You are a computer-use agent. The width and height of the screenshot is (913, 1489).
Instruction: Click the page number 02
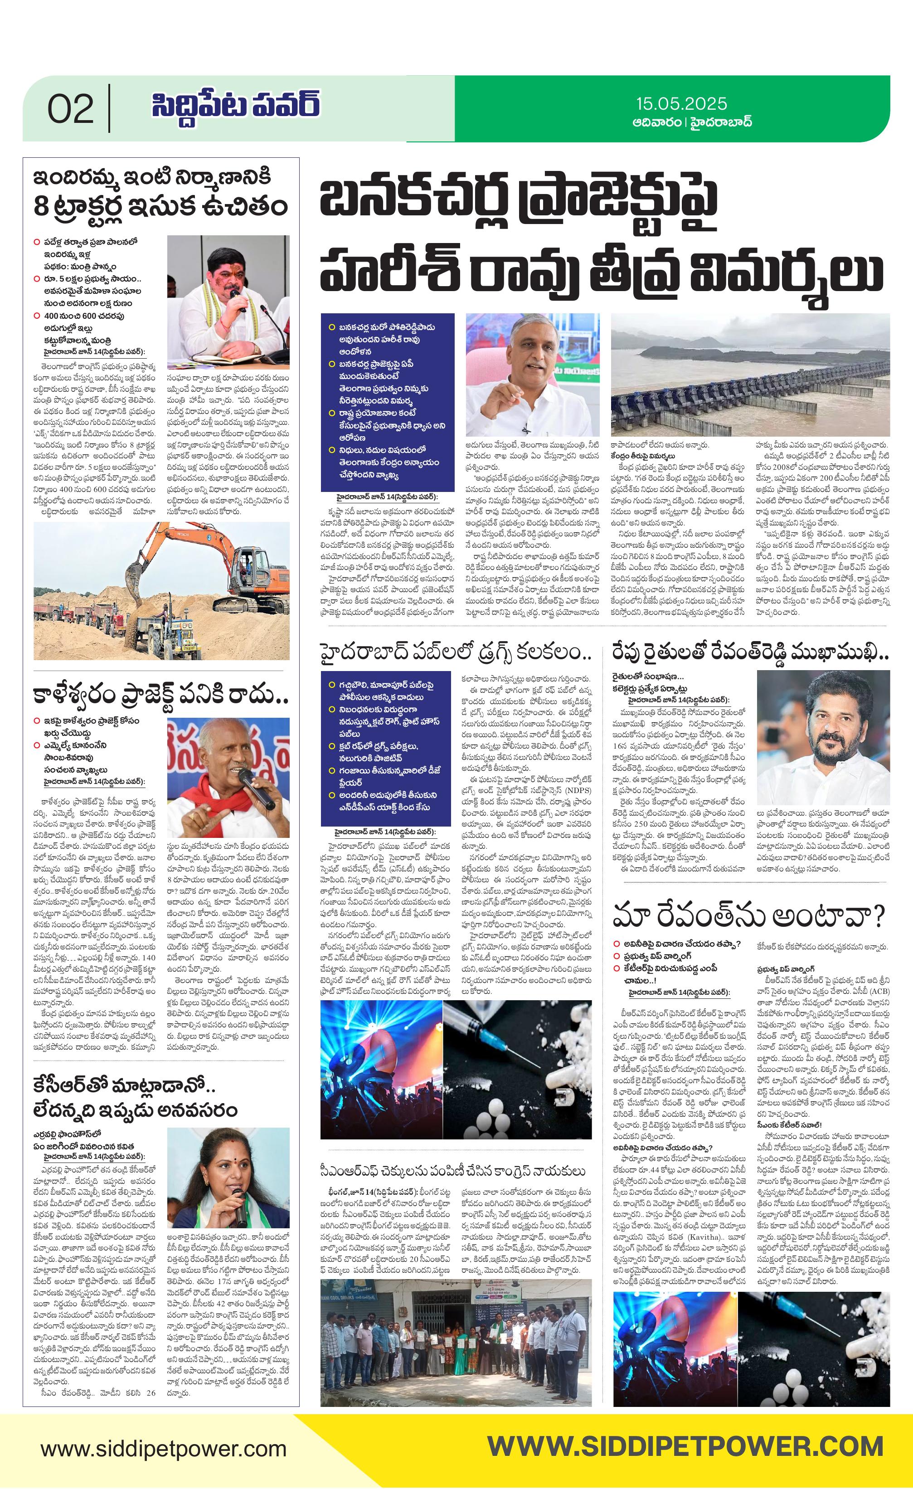[71, 109]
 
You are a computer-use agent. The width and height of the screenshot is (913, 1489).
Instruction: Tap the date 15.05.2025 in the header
[681, 104]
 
